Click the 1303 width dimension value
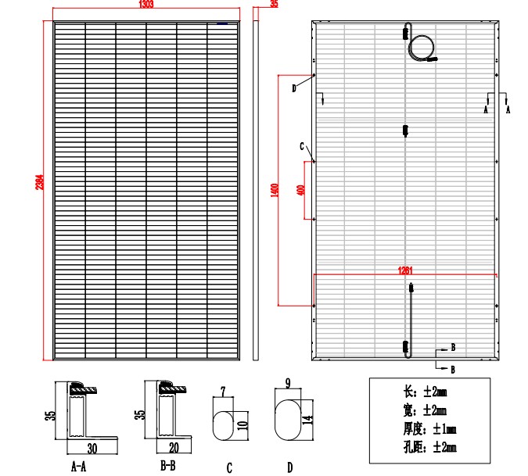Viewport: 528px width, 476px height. click(x=146, y=4)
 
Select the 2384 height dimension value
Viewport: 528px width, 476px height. click(x=40, y=182)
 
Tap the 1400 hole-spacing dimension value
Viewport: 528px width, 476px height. click(x=275, y=191)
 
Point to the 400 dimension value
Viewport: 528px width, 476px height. click(x=301, y=190)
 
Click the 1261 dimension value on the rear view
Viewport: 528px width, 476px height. click(x=404, y=270)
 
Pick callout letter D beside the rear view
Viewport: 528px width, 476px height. click(x=294, y=88)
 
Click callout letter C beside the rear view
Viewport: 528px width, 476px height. click(x=302, y=146)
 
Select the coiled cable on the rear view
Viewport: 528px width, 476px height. click(x=422, y=48)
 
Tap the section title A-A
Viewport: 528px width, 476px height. click(x=79, y=467)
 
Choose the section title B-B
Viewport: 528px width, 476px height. click(x=168, y=466)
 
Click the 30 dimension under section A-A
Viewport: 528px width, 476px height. click(x=92, y=449)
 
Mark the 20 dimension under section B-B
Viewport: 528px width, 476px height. click(x=174, y=448)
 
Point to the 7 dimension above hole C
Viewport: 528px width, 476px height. click(x=223, y=392)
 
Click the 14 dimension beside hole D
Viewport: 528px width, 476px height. click(x=307, y=420)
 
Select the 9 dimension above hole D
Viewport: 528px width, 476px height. click(x=288, y=383)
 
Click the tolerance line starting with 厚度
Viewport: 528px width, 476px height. click(x=430, y=429)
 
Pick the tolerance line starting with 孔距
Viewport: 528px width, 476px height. click(x=430, y=447)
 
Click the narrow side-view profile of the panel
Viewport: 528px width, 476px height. click(x=256, y=191)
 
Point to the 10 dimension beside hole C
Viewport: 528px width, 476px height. click(x=242, y=425)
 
